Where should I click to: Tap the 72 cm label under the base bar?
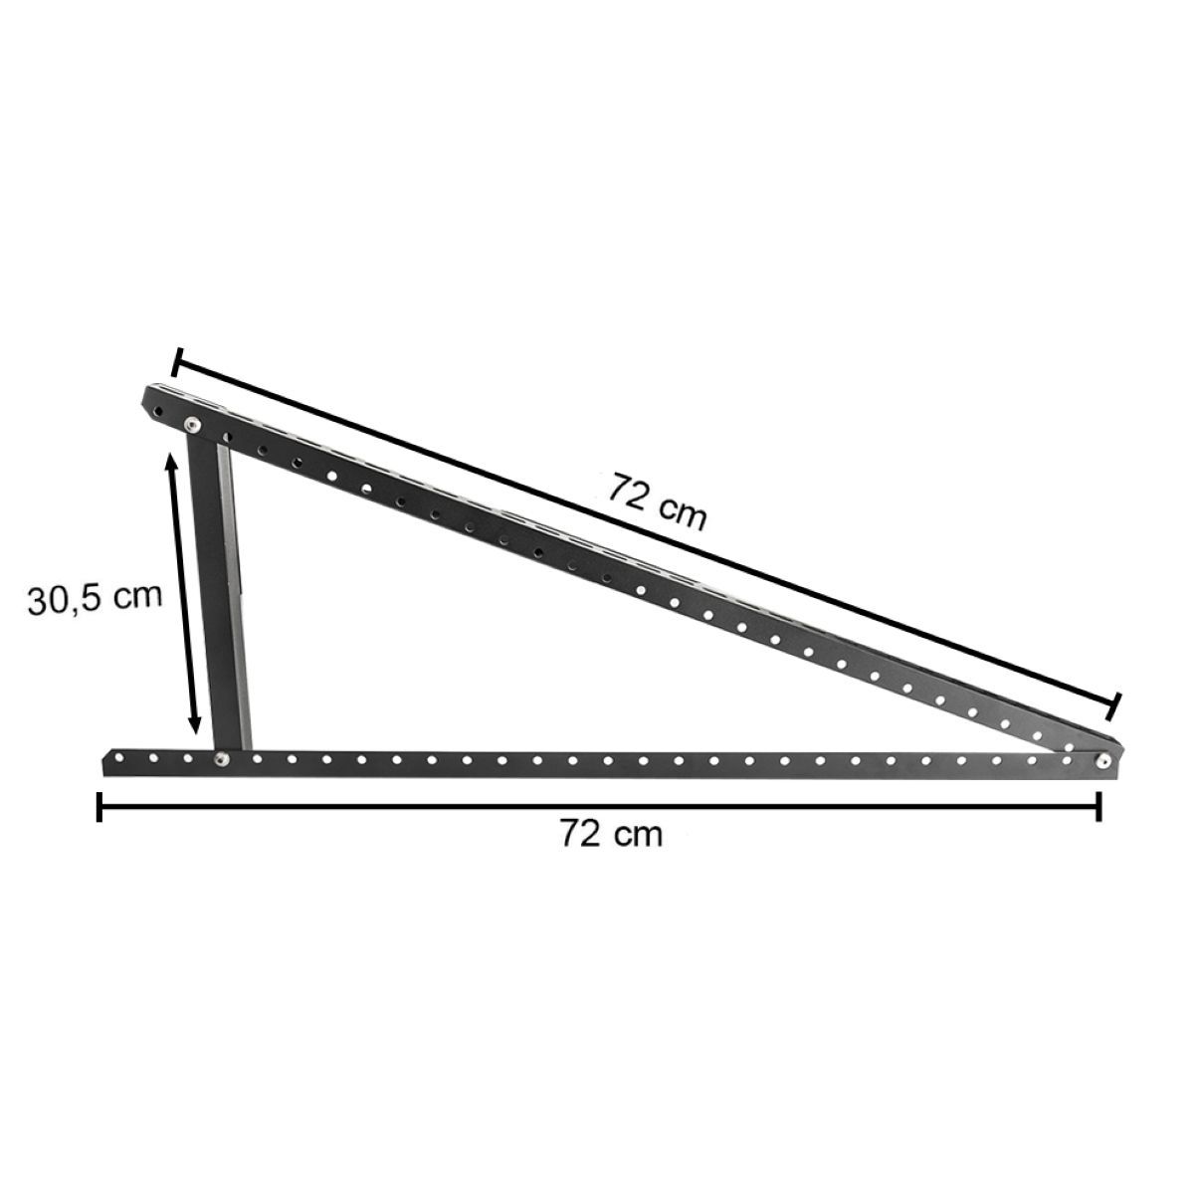tap(612, 834)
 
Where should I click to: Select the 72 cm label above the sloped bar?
tap(657, 510)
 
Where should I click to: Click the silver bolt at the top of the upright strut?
tap(193, 424)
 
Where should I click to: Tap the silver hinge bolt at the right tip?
tap(1102, 761)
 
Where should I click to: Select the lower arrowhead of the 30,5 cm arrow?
tap(195, 723)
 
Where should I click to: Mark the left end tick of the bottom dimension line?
tap(99, 806)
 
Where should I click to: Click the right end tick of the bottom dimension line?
tap(1098, 806)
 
